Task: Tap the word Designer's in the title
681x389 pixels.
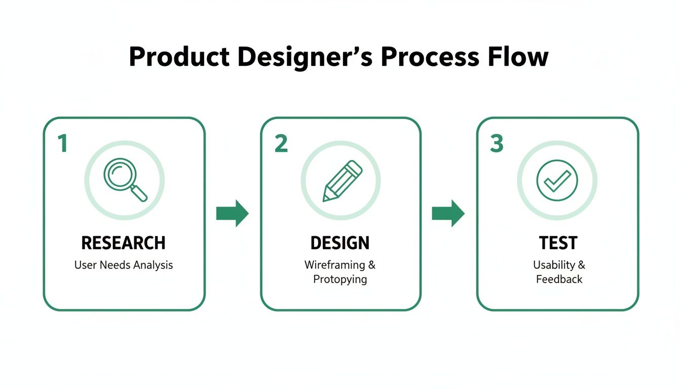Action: pos(305,57)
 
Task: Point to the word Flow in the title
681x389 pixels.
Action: pos(518,57)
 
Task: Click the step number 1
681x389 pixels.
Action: pos(62,144)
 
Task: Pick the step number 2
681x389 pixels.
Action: pos(281,144)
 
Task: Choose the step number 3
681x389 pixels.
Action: pos(497,144)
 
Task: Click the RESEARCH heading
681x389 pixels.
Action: pos(124,243)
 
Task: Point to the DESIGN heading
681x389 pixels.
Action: pos(340,243)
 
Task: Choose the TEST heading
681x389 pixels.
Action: pos(558,243)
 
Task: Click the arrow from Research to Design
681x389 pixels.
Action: pos(233,213)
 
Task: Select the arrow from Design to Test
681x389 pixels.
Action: pos(448,213)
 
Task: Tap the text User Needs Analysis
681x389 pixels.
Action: pos(124,265)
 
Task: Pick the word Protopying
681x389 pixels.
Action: pos(340,279)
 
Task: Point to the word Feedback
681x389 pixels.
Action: pos(559,279)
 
